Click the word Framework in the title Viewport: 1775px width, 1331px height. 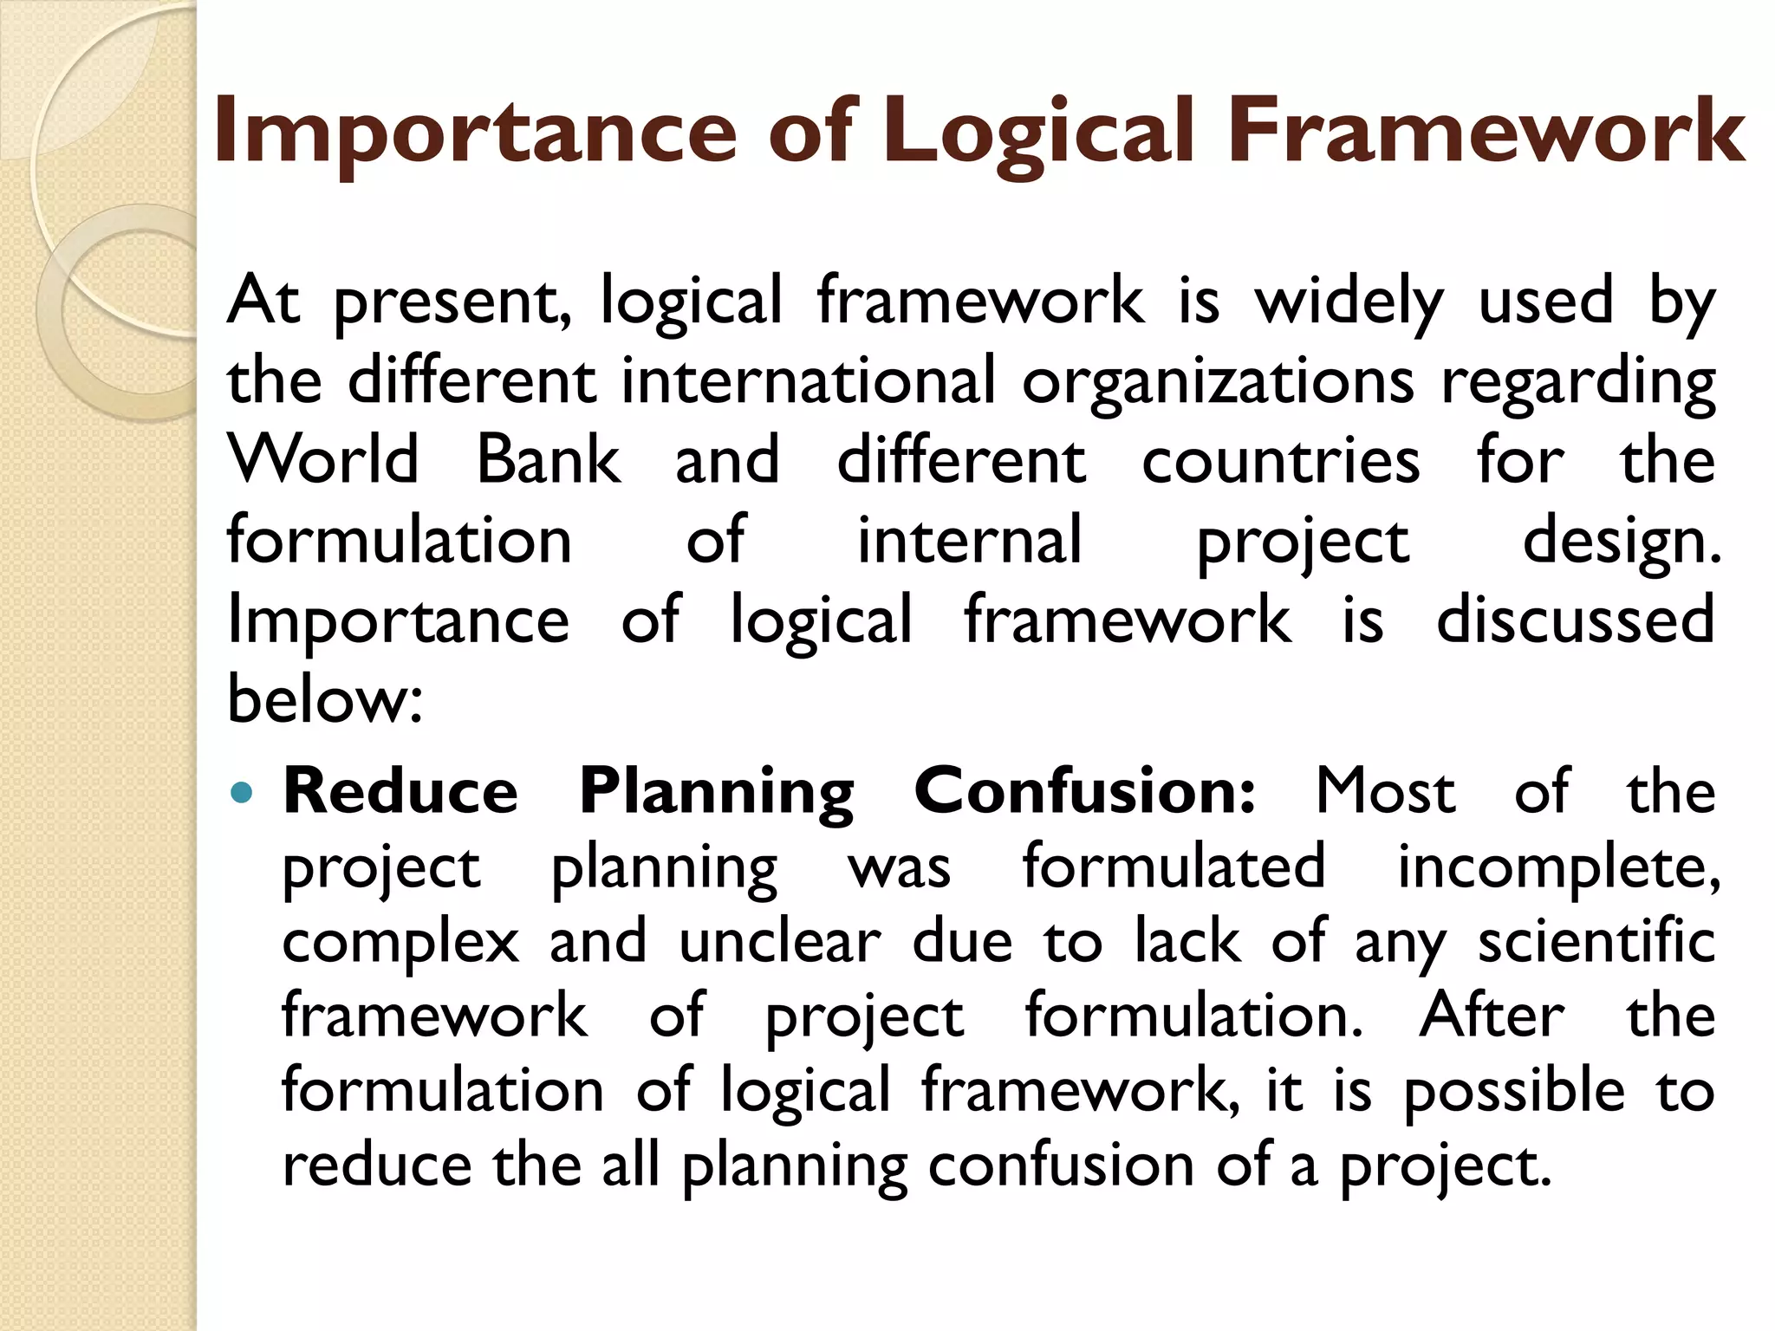click(1486, 132)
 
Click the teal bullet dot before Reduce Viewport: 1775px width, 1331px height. click(244, 791)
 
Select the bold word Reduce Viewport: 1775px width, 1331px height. click(400, 791)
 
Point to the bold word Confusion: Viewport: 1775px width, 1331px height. click(1084, 791)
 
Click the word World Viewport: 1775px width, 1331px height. click(323, 459)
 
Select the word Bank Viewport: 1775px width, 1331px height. click(549, 459)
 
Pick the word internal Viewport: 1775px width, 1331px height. click(969, 539)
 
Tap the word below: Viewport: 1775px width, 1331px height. click(325, 698)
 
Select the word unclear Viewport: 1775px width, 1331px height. click(779, 942)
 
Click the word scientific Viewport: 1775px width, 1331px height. click(1596, 942)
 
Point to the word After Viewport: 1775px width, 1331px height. click(1492, 1016)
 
